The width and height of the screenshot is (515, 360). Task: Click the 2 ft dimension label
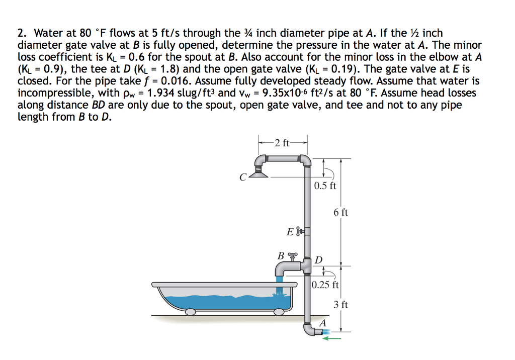click(283, 143)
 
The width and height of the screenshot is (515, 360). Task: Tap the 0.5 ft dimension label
click(325, 186)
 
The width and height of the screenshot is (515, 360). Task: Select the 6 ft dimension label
click(340, 212)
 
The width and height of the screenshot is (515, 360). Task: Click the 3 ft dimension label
click(340, 304)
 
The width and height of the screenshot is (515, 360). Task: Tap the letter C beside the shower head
click(243, 177)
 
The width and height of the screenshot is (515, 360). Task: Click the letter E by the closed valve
click(290, 232)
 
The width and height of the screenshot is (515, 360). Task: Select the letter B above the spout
click(281, 255)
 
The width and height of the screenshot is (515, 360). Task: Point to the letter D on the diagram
click(319, 260)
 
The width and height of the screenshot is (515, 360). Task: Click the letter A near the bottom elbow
click(323, 322)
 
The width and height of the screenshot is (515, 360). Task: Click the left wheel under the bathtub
click(191, 312)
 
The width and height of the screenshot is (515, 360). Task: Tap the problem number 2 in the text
click(21, 34)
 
